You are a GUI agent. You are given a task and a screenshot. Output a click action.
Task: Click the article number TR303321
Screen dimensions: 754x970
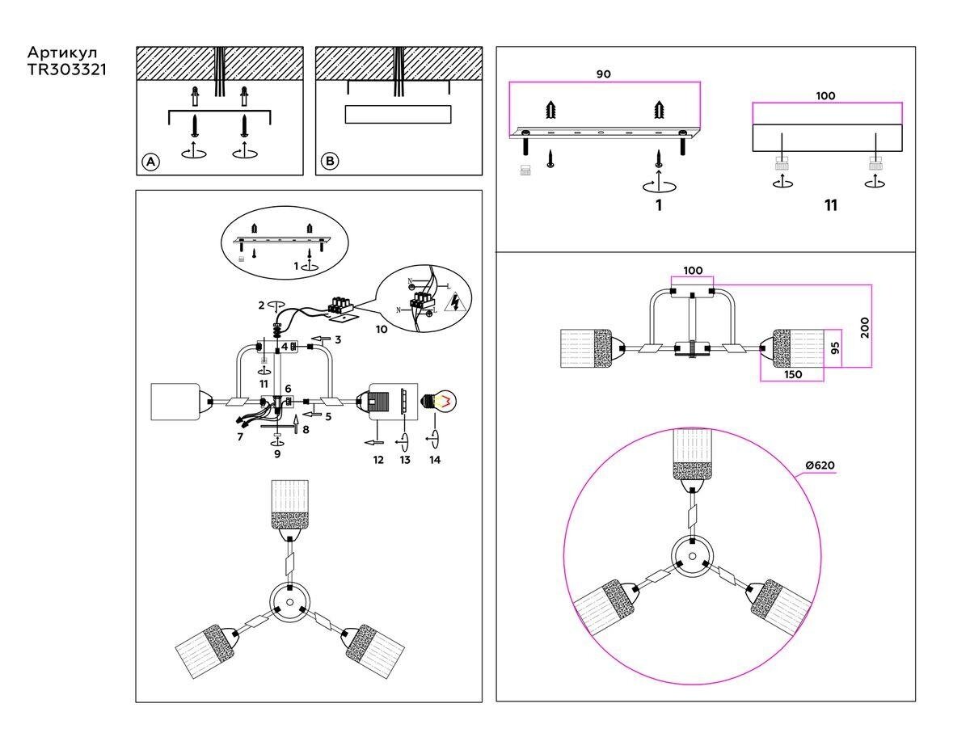point(67,70)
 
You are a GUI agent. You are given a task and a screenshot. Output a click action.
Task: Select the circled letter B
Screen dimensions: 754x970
point(330,162)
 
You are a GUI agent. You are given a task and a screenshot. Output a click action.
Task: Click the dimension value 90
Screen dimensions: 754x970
point(603,74)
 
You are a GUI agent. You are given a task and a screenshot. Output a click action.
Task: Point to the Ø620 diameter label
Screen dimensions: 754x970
point(820,465)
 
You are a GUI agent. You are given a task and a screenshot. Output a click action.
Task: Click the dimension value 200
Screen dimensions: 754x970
point(864,326)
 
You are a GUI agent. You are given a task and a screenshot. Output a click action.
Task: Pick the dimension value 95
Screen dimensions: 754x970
point(834,348)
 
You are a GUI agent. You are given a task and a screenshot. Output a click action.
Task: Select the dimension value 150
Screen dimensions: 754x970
point(792,375)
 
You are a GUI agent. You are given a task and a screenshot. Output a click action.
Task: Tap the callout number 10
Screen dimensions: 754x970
point(382,329)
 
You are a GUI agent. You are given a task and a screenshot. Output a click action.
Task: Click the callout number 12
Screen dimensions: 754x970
point(377,460)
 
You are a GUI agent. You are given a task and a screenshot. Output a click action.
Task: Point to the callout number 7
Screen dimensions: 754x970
point(240,436)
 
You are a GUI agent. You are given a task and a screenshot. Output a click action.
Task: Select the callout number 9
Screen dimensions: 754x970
point(277,455)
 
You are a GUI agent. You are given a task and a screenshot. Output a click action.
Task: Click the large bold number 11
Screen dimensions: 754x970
point(830,205)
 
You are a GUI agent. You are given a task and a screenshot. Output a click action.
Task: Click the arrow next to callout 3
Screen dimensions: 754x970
point(321,339)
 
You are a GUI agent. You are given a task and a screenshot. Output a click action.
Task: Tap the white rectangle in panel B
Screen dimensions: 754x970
point(397,114)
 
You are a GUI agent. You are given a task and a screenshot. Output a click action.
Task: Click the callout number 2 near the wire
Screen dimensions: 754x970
point(262,305)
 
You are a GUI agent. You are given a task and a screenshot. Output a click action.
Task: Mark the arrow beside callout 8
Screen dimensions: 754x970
point(295,424)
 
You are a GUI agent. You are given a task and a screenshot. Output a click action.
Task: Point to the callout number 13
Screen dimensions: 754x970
point(405,460)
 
